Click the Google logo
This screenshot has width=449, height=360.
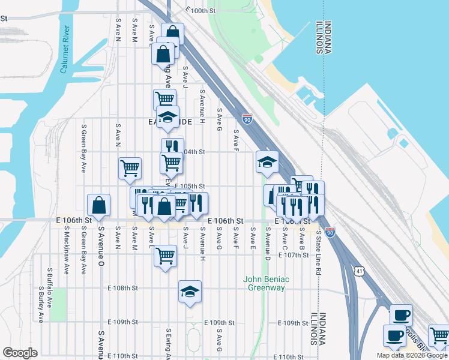[x=20, y=353]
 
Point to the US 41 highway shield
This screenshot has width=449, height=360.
[x=358, y=271]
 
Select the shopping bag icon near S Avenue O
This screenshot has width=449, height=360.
[x=98, y=205]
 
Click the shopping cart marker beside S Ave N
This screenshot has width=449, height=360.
[x=130, y=169]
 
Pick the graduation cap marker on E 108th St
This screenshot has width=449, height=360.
[x=190, y=292]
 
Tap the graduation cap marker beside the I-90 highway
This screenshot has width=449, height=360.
[x=267, y=161]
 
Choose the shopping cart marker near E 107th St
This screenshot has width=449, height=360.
[x=165, y=256]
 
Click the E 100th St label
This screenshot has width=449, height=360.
[x=200, y=10]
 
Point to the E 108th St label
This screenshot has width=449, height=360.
[x=123, y=288]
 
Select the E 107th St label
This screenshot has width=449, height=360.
[x=293, y=255]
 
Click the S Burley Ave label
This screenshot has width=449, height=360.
[x=41, y=304]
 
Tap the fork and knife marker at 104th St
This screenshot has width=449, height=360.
[x=172, y=146]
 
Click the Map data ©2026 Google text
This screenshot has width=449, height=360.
[x=412, y=355]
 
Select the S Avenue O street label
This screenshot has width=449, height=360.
[x=101, y=247]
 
